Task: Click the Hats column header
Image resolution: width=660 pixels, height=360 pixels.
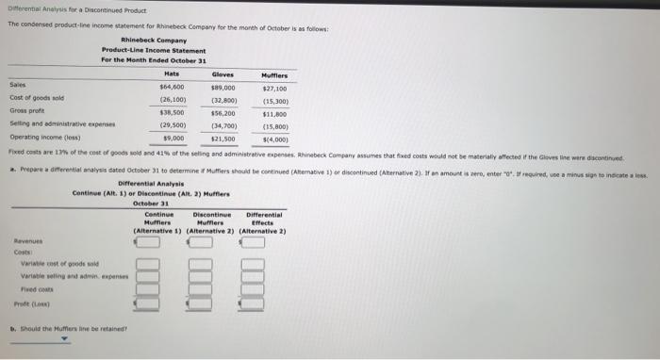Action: click(x=172, y=74)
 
